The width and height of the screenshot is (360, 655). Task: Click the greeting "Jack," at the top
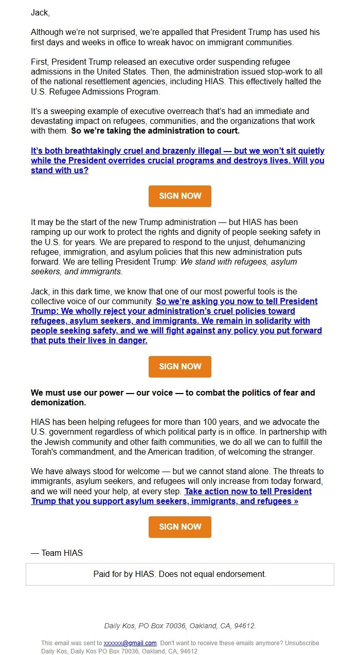[x=40, y=12]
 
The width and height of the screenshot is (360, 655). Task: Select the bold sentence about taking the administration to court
[x=155, y=130]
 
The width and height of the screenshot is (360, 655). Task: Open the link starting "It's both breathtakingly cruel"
[x=177, y=160]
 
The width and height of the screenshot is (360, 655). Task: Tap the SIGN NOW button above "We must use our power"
[x=180, y=366]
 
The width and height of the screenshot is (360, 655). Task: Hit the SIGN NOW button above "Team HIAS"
[x=180, y=527]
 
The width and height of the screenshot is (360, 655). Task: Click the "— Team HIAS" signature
[x=57, y=553]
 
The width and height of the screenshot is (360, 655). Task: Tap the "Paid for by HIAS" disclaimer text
[x=180, y=574]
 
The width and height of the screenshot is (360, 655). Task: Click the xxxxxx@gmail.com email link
[x=130, y=643]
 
